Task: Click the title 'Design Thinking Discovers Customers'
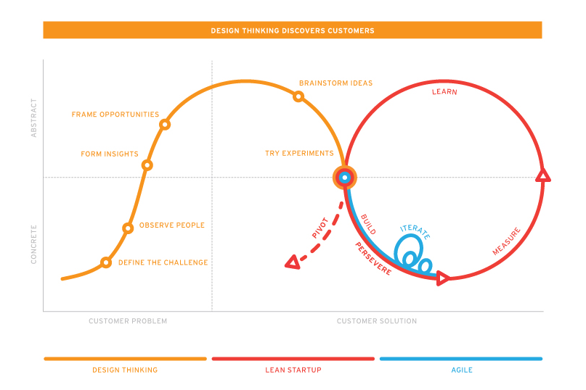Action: pos(293,30)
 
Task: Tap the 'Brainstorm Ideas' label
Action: pos(335,83)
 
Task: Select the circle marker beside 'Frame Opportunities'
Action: pos(165,125)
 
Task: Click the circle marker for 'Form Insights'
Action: pos(147,165)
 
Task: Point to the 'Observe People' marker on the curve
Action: pos(128,228)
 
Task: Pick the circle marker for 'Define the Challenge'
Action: pos(106,262)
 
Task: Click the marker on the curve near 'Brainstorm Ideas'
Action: pos(298,96)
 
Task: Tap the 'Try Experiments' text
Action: pos(299,154)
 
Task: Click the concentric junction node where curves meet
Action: pos(345,177)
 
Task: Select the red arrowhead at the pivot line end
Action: pos(292,262)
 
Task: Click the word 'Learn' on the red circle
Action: pos(444,92)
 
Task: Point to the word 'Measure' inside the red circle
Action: pos(506,241)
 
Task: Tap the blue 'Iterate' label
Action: pos(415,232)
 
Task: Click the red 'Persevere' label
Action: pos(373,258)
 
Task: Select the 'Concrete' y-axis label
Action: pos(33,244)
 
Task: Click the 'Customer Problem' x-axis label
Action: pos(128,321)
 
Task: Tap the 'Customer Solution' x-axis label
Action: pos(377,321)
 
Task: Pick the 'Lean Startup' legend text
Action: pos(293,370)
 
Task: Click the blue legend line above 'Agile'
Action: pos(460,359)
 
